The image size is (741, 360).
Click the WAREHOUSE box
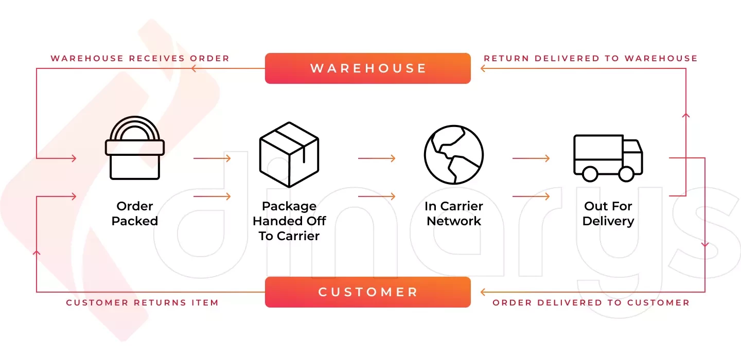367,68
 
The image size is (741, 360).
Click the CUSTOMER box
367,292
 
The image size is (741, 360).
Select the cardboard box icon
289,154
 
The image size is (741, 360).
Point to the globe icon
454,154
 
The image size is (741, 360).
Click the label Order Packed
135,213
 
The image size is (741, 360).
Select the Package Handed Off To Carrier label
289,221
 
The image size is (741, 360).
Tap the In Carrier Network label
454,213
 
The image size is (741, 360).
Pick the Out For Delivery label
608,213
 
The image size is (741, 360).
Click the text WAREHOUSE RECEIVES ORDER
140,58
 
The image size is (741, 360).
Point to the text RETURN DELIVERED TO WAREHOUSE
590,58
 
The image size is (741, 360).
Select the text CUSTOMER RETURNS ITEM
142,302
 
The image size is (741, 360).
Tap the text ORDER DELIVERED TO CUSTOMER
591,302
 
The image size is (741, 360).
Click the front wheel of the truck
626,174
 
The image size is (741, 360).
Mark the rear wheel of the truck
590,174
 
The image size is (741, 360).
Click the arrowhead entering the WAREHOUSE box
483,68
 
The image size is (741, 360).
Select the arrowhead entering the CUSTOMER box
483,292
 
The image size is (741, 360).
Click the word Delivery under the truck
608,221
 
